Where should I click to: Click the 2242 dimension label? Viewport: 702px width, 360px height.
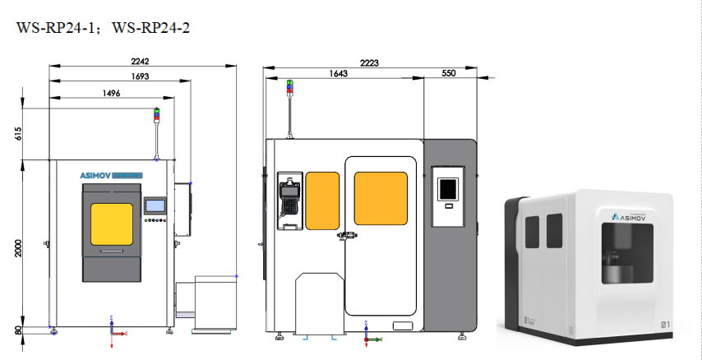point(140,61)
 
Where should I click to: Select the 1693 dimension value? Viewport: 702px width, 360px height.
point(140,76)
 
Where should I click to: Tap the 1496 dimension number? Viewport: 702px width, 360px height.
point(112,93)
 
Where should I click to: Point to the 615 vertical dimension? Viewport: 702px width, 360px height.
point(18,133)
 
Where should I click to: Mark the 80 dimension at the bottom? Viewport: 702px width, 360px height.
point(18,331)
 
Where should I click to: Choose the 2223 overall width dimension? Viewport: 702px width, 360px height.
point(369,62)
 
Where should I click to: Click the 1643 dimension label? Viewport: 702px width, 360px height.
point(339,73)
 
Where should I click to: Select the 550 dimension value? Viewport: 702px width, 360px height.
point(448,73)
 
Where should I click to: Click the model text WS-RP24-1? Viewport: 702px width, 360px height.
point(55,28)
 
